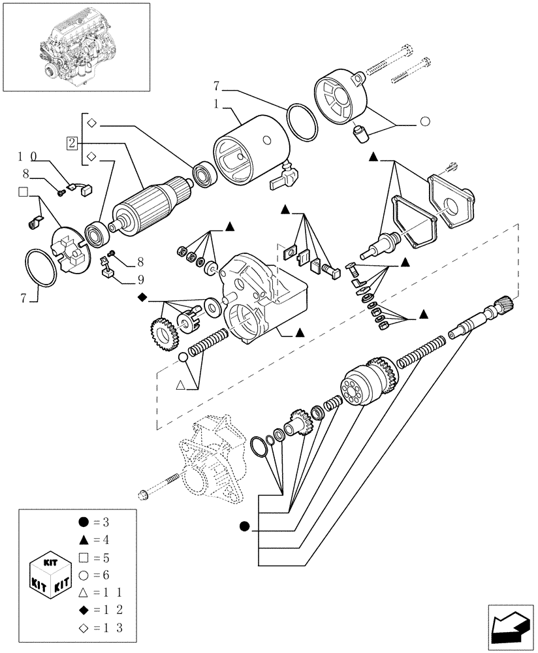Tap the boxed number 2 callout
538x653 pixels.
coord(72,143)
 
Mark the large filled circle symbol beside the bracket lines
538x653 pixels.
coord(245,526)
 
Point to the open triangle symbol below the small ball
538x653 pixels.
coord(182,386)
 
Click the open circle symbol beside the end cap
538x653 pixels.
coord(424,121)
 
